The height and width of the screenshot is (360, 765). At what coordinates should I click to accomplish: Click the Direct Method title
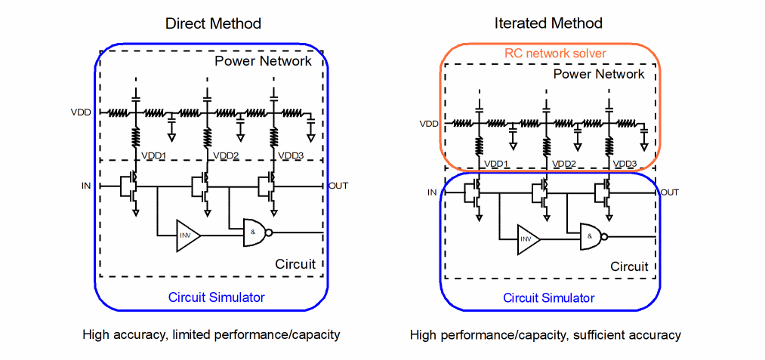pyautogui.click(x=213, y=23)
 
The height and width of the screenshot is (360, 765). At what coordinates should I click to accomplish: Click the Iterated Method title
pyautogui.click(x=548, y=23)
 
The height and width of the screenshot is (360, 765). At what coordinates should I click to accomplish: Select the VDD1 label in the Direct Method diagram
pyautogui.click(x=154, y=155)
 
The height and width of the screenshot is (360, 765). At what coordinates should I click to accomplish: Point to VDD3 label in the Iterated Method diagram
pyautogui.click(x=625, y=164)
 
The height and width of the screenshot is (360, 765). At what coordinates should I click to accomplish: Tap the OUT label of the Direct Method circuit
pyautogui.click(x=338, y=186)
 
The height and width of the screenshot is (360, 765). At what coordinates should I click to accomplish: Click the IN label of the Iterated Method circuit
pyautogui.click(x=432, y=192)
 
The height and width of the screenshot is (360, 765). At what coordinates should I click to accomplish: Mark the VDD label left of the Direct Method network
pyautogui.click(x=81, y=113)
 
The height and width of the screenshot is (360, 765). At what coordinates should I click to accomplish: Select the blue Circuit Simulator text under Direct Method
pyautogui.click(x=216, y=297)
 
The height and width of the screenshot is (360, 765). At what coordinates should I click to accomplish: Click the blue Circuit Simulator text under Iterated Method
pyautogui.click(x=549, y=298)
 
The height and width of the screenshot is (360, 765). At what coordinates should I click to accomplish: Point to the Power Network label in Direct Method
pyautogui.click(x=263, y=61)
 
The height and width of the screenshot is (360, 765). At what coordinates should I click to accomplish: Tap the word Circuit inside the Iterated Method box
pyautogui.click(x=629, y=266)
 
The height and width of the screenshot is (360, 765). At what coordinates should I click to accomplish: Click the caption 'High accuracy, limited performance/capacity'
pyautogui.click(x=211, y=334)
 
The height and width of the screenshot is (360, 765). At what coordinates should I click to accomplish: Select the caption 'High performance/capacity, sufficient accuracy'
pyautogui.click(x=545, y=334)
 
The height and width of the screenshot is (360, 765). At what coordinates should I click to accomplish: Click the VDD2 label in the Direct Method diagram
pyautogui.click(x=224, y=155)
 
